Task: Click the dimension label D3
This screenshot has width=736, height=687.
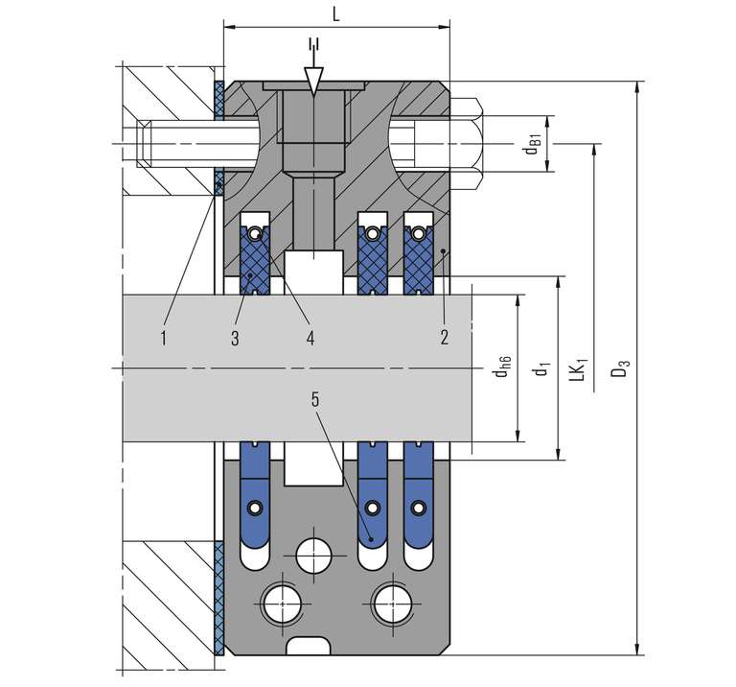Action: tap(621, 367)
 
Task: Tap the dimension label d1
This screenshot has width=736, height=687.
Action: tap(541, 367)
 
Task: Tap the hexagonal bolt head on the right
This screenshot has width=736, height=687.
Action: tap(468, 144)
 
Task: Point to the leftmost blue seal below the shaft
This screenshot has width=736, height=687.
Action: tap(255, 480)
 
